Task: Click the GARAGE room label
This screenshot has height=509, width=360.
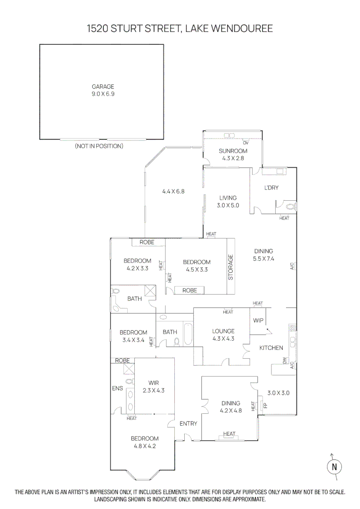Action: pos(103,87)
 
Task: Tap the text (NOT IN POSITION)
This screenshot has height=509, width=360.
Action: pos(99,146)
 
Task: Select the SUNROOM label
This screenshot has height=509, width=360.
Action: pos(233,151)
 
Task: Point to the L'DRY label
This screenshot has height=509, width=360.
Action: pos(271,188)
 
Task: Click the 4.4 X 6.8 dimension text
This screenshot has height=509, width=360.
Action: pos(173,191)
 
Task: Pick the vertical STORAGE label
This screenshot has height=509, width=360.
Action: pos(231,267)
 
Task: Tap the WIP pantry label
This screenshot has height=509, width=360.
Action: pos(258,320)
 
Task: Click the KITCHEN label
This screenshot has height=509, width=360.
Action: pos(271,348)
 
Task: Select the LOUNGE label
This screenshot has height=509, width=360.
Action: pos(223,331)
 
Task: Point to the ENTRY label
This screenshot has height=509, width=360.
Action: pos(188,424)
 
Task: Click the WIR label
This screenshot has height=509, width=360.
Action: pos(154,383)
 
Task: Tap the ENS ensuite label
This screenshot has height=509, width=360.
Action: pos(117,388)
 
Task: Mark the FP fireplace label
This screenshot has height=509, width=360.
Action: pos(265,405)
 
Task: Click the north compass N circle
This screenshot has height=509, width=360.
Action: pos(334,467)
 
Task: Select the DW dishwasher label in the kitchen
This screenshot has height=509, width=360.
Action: pos(285,361)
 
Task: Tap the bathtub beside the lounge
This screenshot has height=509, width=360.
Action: pos(187,334)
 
